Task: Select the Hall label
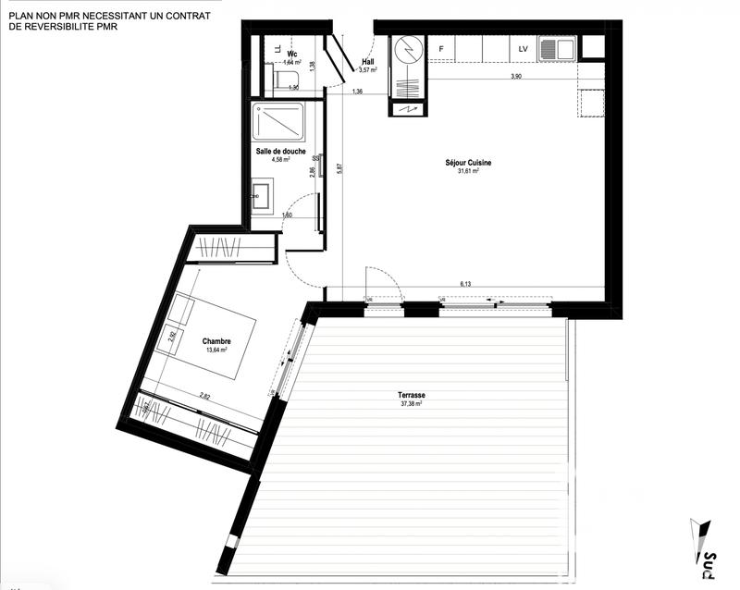[x=368, y=61]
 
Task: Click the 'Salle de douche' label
[x=281, y=151]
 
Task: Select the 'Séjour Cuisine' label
[x=467, y=163]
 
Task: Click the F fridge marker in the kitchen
[x=441, y=49]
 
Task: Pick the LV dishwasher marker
[x=523, y=49]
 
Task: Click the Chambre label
[x=216, y=341]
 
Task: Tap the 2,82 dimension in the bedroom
[x=205, y=396]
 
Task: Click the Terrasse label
[x=412, y=395]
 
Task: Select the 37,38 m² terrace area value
[x=412, y=404]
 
